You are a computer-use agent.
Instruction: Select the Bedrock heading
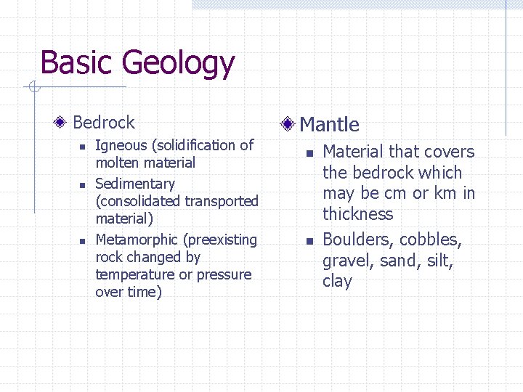point(104,123)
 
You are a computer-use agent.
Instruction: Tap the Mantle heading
point(329,124)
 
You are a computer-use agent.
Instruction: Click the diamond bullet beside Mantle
point(288,124)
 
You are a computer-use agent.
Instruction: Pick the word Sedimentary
point(135,184)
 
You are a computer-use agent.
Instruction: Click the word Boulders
point(356,240)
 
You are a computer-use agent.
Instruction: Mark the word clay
point(337,282)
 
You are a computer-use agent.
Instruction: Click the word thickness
point(357,214)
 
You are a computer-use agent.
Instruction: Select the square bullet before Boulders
point(309,241)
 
